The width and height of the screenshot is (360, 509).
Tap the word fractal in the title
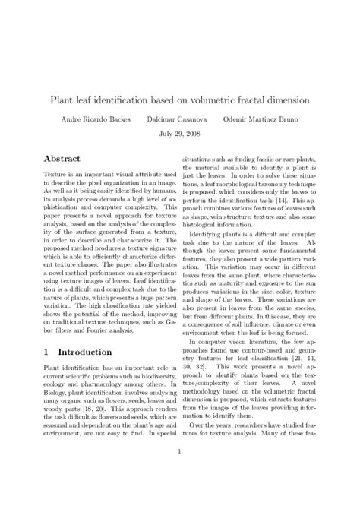tap(241, 100)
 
